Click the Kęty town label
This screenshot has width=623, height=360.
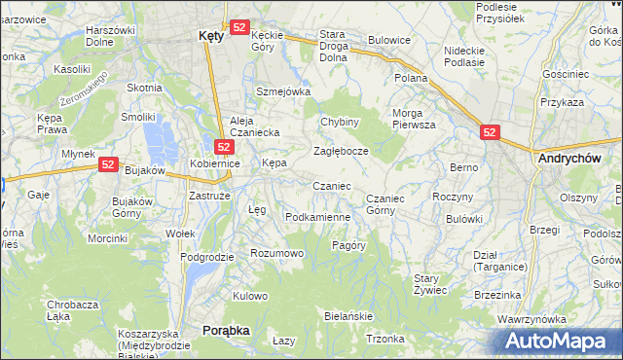tap(210, 34)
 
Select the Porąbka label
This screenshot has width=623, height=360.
tap(226, 331)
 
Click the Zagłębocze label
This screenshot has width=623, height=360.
tap(341, 152)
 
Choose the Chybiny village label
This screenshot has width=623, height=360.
tap(341, 123)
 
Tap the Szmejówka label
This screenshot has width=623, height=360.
tap(282, 91)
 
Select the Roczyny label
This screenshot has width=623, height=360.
tap(452, 197)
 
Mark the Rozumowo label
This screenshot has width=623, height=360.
tap(277, 253)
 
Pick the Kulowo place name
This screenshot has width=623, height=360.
tap(250, 296)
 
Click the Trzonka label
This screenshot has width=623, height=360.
tap(385, 339)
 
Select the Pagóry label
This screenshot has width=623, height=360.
tap(348, 245)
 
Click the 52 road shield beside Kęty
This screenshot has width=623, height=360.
tap(239, 28)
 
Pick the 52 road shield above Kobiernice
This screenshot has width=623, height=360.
tap(223, 147)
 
